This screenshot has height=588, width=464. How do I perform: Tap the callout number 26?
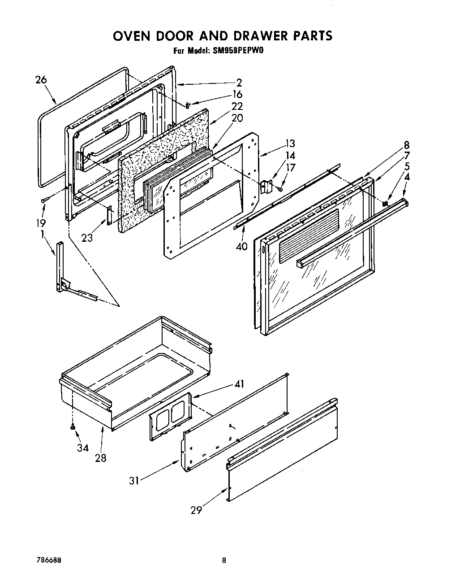(41, 80)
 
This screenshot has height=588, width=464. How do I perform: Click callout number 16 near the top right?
(237, 94)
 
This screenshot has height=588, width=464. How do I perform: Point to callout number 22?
(237, 106)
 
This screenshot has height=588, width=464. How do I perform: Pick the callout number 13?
(290, 144)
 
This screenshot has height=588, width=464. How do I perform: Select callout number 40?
(241, 246)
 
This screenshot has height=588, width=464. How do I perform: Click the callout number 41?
(239, 384)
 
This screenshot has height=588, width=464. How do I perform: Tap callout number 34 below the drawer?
(82, 448)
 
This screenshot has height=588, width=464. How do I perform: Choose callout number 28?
(101, 458)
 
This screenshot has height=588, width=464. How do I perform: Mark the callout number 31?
(134, 480)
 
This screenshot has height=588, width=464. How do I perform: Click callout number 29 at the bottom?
(196, 510)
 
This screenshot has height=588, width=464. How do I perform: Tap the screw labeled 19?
(43, 200)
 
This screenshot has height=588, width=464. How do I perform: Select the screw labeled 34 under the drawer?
(72, 427)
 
